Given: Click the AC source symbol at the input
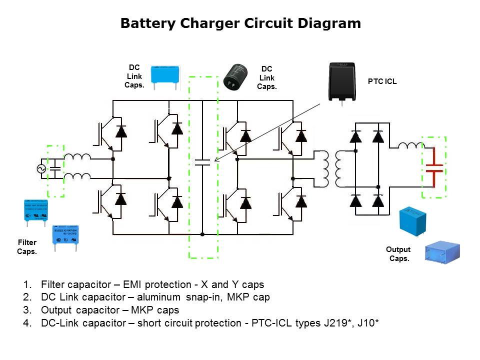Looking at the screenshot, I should tap(41, 169).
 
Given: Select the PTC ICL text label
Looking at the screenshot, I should tap(382, 81).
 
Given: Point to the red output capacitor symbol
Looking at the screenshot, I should tap(434, 167).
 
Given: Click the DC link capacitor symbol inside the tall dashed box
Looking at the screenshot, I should tap(202, 162).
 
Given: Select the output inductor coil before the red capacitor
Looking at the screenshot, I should tap(410, 145).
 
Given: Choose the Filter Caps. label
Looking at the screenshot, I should tap(27, 247).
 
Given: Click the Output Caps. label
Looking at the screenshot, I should tap(398, 254).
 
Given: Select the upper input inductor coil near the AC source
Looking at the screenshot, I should tap(77, 157).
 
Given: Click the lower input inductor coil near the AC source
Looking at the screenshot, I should tap(77, 176).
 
